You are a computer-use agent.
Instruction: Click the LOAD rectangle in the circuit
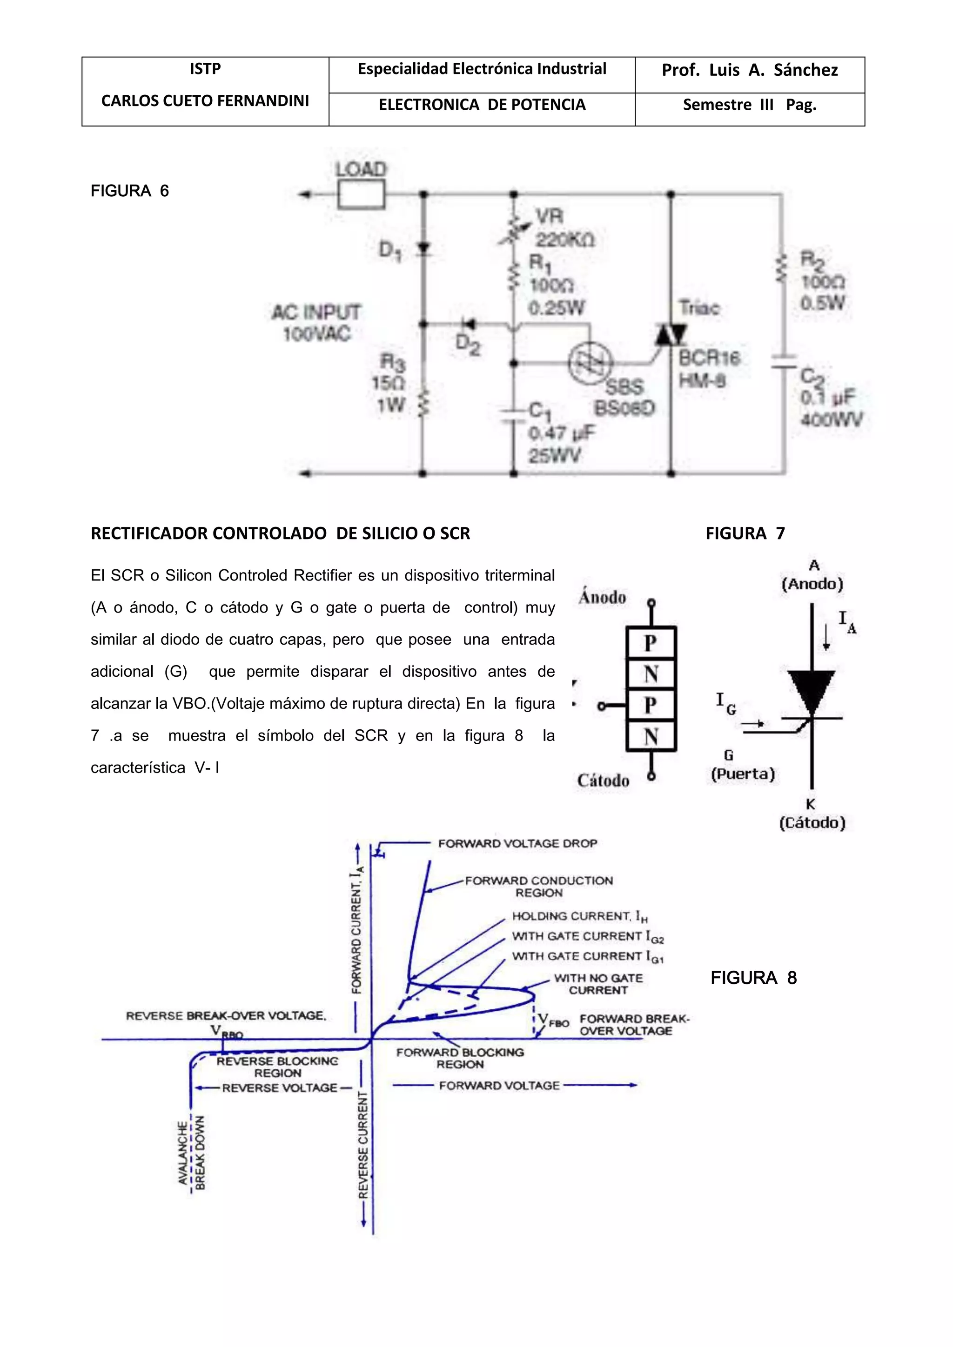(x=361, y=194)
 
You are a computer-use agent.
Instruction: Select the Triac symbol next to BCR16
(x=671, y=335)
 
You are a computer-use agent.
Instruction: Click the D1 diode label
(x=389, y=251)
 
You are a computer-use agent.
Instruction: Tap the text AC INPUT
(x=316, y=312)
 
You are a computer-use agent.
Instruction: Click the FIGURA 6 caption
(x=130, y=191)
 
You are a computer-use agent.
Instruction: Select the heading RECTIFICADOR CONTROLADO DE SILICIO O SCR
(x=281, y=533)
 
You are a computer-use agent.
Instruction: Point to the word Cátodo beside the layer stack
(x=603, y=780)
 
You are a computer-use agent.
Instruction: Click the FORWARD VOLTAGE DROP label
(x=517, y=843)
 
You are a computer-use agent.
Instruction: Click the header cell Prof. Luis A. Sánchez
(x=749, y=70)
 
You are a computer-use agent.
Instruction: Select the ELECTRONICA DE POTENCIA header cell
(x=482, y=105)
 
